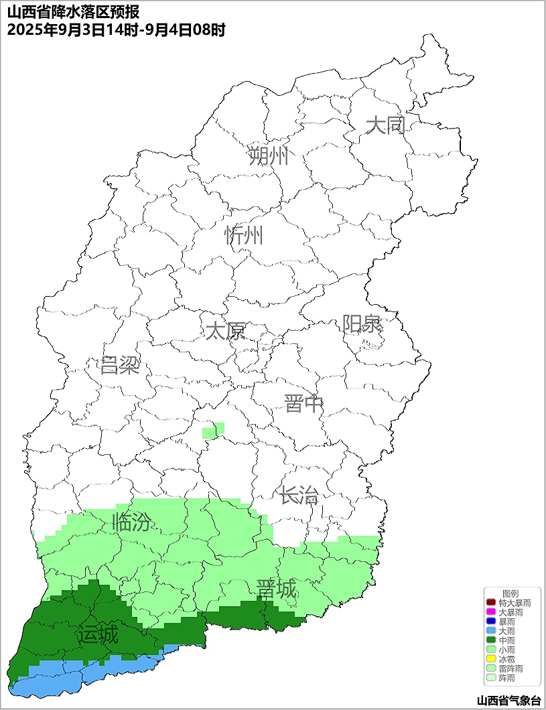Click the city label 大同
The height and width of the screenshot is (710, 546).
pyautogui.click(x=386, y=125)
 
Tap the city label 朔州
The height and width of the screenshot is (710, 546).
pyautogui.click(x=268, y=156)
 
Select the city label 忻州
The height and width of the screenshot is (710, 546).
pyautogui.click(x=244, y=235)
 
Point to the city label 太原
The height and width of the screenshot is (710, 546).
pyautogui.click(x=225, y=331)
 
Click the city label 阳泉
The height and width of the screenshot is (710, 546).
pyautogui.click(x=362, y=324)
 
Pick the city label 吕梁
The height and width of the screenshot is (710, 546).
pyautogui.click(x=119, y=365)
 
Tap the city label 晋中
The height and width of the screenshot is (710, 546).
pyautogui.click(x=303, y=404)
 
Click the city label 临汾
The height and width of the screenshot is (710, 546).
pyautogui.click(x=131, y=522)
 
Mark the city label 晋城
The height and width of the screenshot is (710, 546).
pyautogui.click(x=276, y=589)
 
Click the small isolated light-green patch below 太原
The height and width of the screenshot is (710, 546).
pyautogui.click(x=213, y=430)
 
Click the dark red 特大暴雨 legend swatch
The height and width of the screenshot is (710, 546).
pyautogui.click(x=490, y=603)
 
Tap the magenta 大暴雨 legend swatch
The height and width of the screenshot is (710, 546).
pyautogui.click(x=490, y=612)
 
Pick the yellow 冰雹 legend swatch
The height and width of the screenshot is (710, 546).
pyautogui.click(x=490, y=659)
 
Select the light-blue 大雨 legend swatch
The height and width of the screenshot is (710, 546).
pyautogui.click(x=490, y=631)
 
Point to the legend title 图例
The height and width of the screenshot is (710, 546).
pyautogui.click(x=510, y=593)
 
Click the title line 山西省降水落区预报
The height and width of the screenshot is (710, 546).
pyautogui.click(x=73, y=13)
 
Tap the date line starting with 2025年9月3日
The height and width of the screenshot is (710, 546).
pyautogui.click(x=116, y=29)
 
